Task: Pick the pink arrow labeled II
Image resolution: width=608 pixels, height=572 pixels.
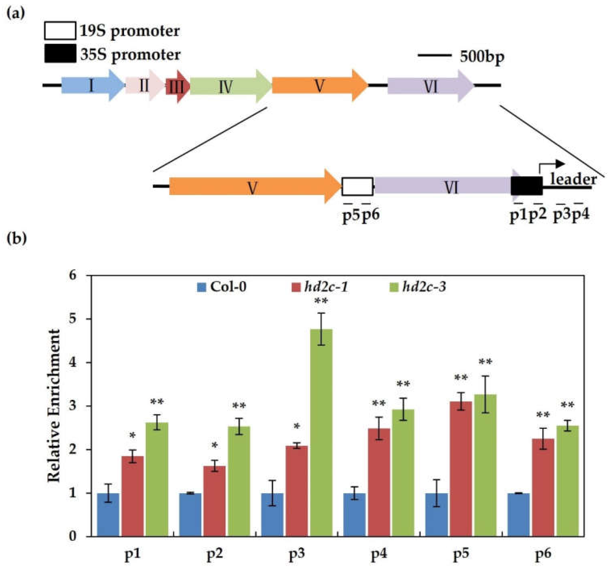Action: [x=144, y=86]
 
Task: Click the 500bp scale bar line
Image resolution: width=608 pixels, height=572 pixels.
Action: [x=434, y=56]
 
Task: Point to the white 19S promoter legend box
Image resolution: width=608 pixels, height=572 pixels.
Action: [x=60, y=31]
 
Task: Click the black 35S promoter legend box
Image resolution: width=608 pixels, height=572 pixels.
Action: [x=60, y=53]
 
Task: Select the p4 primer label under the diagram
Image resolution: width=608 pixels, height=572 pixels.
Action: [x=581, y=215]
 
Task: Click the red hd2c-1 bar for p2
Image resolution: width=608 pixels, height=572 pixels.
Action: [x=214, y=502]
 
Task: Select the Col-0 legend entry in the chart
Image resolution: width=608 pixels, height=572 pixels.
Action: [x=222, y=287]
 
